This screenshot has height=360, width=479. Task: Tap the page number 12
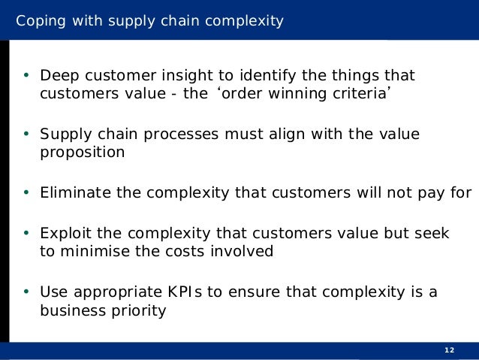[x=450, y=351]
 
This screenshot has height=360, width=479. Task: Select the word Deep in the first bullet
[x=58, y=76]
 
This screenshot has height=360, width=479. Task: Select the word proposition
[x=82, y=153]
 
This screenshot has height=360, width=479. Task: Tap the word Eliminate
[x=76, y=193]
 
